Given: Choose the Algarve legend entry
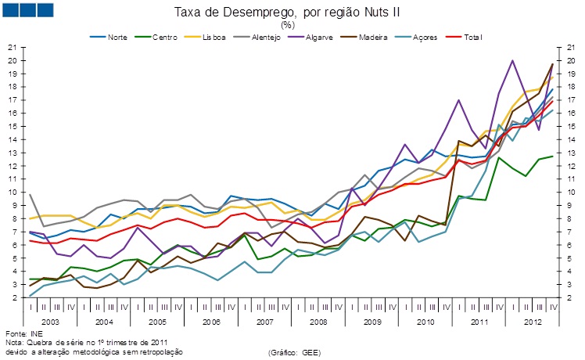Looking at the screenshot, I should click(x=319, y=37).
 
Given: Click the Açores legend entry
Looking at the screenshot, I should click(x=423, y=37).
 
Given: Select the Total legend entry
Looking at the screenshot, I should click(x=472, y=37).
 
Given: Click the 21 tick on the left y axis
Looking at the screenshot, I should click(x=13, y=48).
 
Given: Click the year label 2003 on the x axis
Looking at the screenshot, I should click(x=50, y=321).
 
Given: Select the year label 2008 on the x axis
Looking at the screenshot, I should click(x=319, y=321).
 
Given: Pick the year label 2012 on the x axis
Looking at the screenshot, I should click(x=533, y=321).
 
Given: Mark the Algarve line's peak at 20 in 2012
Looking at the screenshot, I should click(x=512, y=60).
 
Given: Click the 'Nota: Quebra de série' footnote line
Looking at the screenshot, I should click(x=86, y=342).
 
